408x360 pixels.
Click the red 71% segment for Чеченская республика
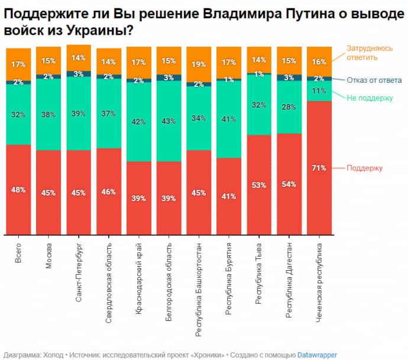[319, 168]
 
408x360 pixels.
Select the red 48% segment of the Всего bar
[18, 189]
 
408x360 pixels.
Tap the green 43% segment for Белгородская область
[169, 121]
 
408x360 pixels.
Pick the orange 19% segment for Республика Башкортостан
[199, 65]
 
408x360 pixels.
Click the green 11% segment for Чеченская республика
[319, 91]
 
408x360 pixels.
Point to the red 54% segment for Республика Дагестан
[289, 184]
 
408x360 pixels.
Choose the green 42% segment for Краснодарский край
[139, 122]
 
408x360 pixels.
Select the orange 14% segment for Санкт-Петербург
[79, 58]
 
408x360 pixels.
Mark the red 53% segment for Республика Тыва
[259, 184]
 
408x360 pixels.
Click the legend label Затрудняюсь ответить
[370, 53]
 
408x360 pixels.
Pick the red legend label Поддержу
[365, 168]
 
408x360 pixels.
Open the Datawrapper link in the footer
[318, 355]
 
